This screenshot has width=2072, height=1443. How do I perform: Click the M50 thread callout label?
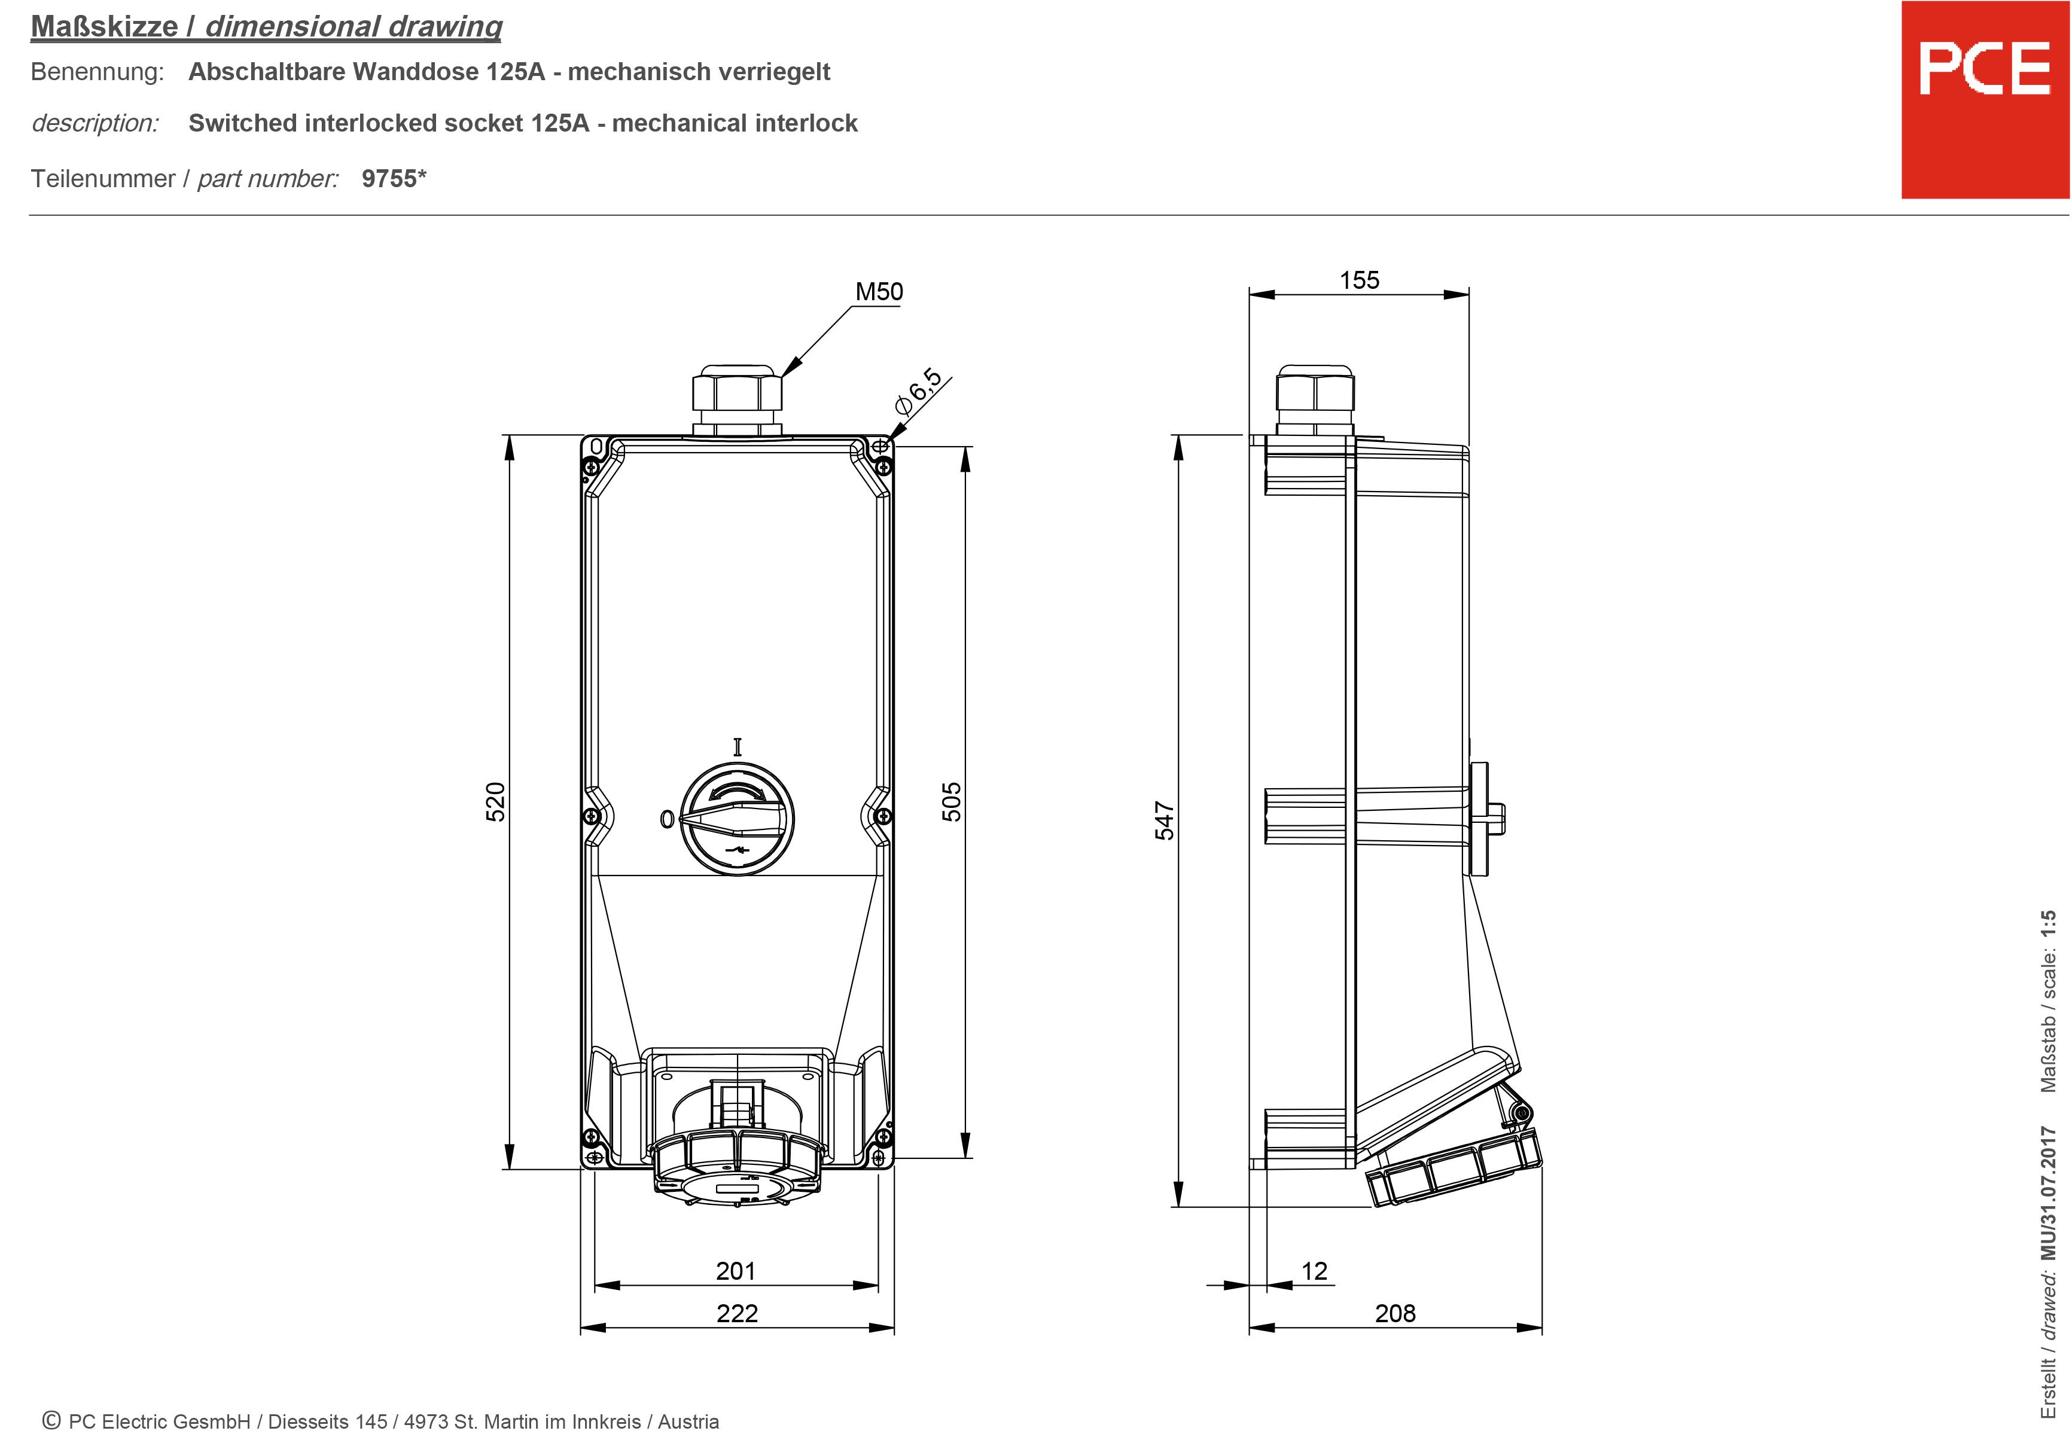click(878, 291)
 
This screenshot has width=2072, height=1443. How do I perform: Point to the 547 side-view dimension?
click(1165, 820)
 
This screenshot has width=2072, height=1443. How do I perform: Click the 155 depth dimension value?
click(1359, 280)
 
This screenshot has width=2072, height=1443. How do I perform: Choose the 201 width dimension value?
click(736, 1271)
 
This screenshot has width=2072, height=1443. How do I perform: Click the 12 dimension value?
click(1314, 1271)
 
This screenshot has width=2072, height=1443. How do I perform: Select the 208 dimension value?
click(1395, 1313)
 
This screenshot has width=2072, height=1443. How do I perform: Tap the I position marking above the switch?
click(738, 746)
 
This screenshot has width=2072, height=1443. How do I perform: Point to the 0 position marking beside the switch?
click(667, 819)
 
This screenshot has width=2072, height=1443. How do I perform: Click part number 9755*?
click(394, 179)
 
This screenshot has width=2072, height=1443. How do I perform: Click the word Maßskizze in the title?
click(104, 26)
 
